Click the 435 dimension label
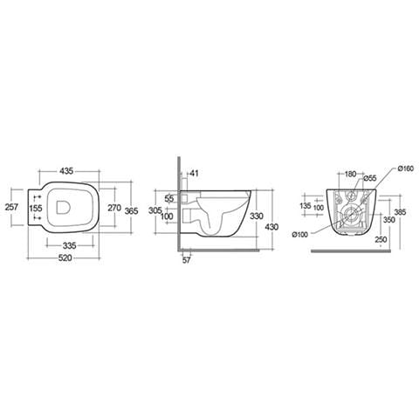point(66,171)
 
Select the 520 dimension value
point(65,258)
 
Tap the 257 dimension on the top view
point(12,207)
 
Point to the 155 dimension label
point(36,208)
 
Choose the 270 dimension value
point(114,208)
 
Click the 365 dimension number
point(131,210)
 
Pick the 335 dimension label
point(70,245)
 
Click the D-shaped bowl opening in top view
point(63,207)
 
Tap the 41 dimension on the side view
point(194,174)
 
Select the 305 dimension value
point(155,210)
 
